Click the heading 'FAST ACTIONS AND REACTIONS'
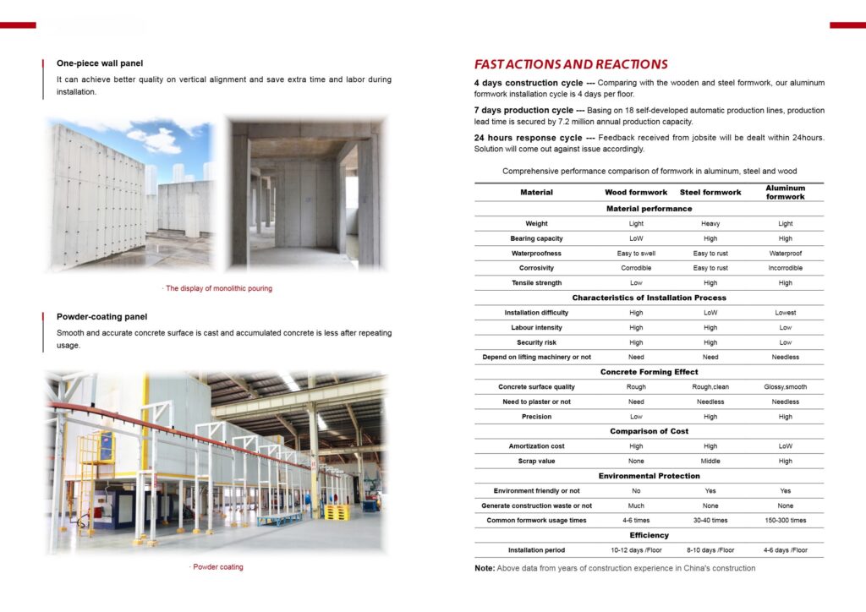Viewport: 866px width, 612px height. [571, 64]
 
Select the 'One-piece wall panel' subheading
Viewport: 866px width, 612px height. [100, 63]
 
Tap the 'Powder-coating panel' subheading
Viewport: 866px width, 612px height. [101, 317]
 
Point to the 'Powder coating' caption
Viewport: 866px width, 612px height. [216, 567]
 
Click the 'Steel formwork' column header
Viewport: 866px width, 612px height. [710, 193]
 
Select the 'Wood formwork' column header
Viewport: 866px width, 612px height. [636, 193]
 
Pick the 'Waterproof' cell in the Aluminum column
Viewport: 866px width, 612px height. [785, 254]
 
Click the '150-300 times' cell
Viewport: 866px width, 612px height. [785, 521]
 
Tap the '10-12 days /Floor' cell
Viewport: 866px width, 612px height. [636, 550]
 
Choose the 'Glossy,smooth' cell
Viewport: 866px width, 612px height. [785, 387]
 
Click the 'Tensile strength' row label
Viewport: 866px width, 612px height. [536, 283]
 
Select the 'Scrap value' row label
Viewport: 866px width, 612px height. [536, 462]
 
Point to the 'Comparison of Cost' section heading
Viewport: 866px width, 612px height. [649, 432]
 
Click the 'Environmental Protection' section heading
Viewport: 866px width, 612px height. [649, 477]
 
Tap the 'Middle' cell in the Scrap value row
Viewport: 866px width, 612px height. [710, 462]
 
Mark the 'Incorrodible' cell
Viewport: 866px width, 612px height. [785, 268]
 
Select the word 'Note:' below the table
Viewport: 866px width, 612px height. [485, 569]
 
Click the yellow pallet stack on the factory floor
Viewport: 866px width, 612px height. [337, 512]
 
